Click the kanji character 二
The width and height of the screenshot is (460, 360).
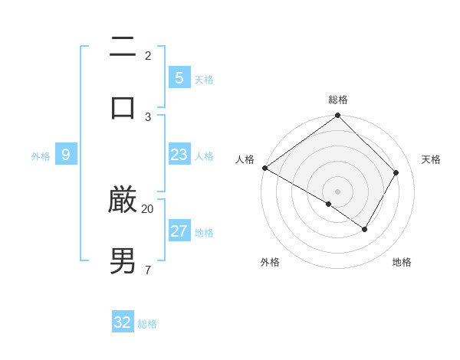[123, 47]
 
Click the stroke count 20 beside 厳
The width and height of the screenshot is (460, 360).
[147, 208]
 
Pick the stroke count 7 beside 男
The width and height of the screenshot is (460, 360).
[147, 269]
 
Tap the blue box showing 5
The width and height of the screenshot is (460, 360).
[179, 77]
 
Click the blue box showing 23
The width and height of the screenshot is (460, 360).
[179, 155]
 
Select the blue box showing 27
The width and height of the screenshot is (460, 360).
[179, 231]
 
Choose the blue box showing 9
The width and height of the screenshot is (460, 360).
[66, 155]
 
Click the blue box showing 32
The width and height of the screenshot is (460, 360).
[123, 322]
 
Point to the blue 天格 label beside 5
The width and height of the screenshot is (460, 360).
[204, 79]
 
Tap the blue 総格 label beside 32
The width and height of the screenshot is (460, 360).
[147, 324]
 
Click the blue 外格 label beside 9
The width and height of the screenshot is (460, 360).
[41, 156]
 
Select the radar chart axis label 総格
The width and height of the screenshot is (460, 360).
[338, 100]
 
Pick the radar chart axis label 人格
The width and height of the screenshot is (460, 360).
[245, 159]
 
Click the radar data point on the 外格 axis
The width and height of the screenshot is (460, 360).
[329, 204]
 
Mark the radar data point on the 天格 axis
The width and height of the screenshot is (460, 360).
[396, 172]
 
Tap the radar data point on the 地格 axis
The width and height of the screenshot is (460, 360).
[365, 229]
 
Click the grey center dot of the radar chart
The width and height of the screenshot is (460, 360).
[338, 191]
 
